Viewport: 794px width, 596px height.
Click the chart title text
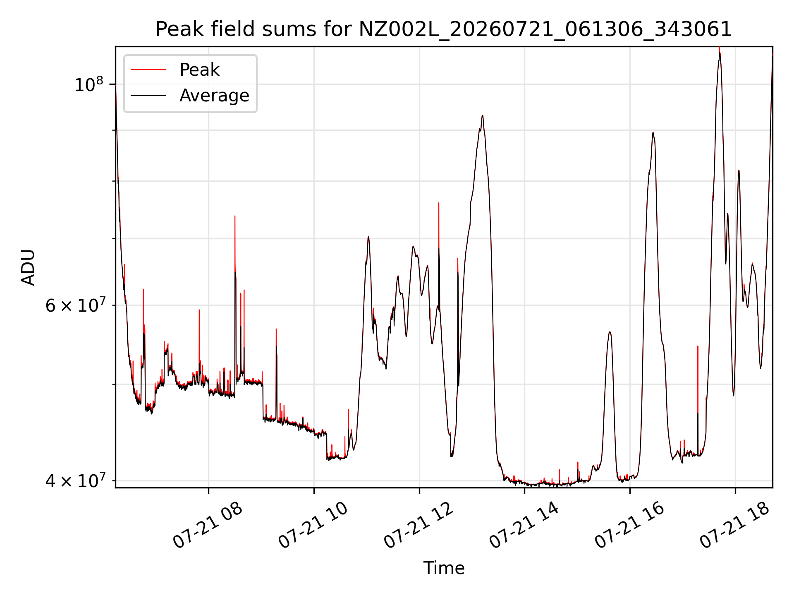(x=444, y=29)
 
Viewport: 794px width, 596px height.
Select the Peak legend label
(x=199, y=70)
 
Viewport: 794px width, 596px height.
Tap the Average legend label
(x=214, y=96)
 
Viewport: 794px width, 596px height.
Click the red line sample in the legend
(x=148, y=70)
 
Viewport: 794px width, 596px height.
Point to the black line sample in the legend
(x=148, y=96)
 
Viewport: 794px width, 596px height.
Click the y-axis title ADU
(x=28, y=267)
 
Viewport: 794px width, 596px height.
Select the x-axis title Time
(x=444, y=568)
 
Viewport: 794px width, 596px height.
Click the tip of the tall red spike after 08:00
(x=235, y=216)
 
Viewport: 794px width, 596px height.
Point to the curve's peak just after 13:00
(x=482, y=115)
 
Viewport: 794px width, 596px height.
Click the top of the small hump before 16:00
(x=610, y=332)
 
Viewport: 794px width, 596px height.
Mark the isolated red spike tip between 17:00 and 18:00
(x=698, y=346)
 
